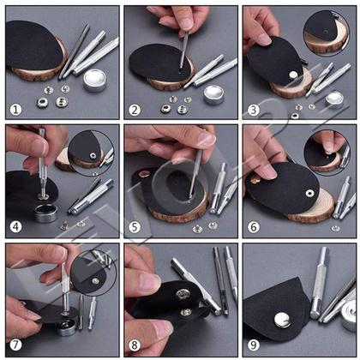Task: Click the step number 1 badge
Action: click(x=15, y=110)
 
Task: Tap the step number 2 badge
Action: click(x=135, y=110)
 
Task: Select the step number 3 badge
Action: click(x=253, y=110)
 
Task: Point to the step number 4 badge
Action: click(x=15, y=228)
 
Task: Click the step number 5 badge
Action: click(x=135, y=228)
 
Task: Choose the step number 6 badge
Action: click(x=253, y=228)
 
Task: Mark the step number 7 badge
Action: click(x=15, y=346)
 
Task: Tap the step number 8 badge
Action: click(x=135, y=346)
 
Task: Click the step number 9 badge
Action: click(x=253, y=346)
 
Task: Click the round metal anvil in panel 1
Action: click(x=94, y=81)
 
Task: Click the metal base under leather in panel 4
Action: click(x=43, y=211)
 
